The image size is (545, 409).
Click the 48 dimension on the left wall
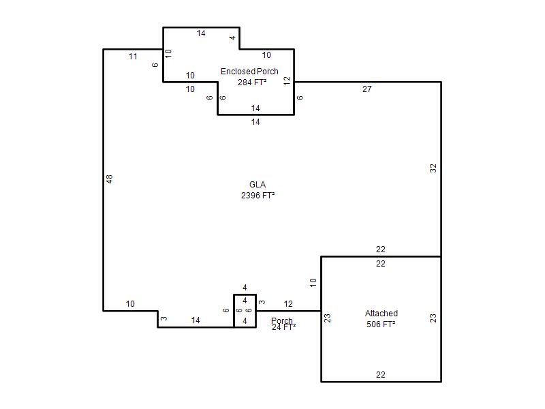click(110, 179)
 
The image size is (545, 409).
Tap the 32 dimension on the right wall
click(433, 168)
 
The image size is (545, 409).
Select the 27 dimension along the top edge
click(367, 89)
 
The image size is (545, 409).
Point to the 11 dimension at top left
click(133, 57)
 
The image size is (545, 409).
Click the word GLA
click(258, 184)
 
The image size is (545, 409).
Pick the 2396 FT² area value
click(258, 196)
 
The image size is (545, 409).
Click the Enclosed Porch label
click(249, 72)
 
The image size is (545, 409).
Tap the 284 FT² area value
click(252, 82)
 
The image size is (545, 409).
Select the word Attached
click(381, 314)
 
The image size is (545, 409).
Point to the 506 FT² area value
click(381, 324)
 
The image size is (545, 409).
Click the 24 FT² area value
click(283, 327)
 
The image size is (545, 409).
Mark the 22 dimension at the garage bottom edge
click(381, 374)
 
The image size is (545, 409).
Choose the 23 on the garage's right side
click(433, 318)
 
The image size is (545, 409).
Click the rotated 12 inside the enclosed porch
click(287, 80)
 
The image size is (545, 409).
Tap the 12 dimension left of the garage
click(288, 304)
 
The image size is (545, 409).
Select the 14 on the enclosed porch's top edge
click(201, 33)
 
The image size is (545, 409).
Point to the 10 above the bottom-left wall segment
click(130, 304)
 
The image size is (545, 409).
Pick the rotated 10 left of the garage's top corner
click(313, 282)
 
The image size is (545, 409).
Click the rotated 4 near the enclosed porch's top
click(232, 37)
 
